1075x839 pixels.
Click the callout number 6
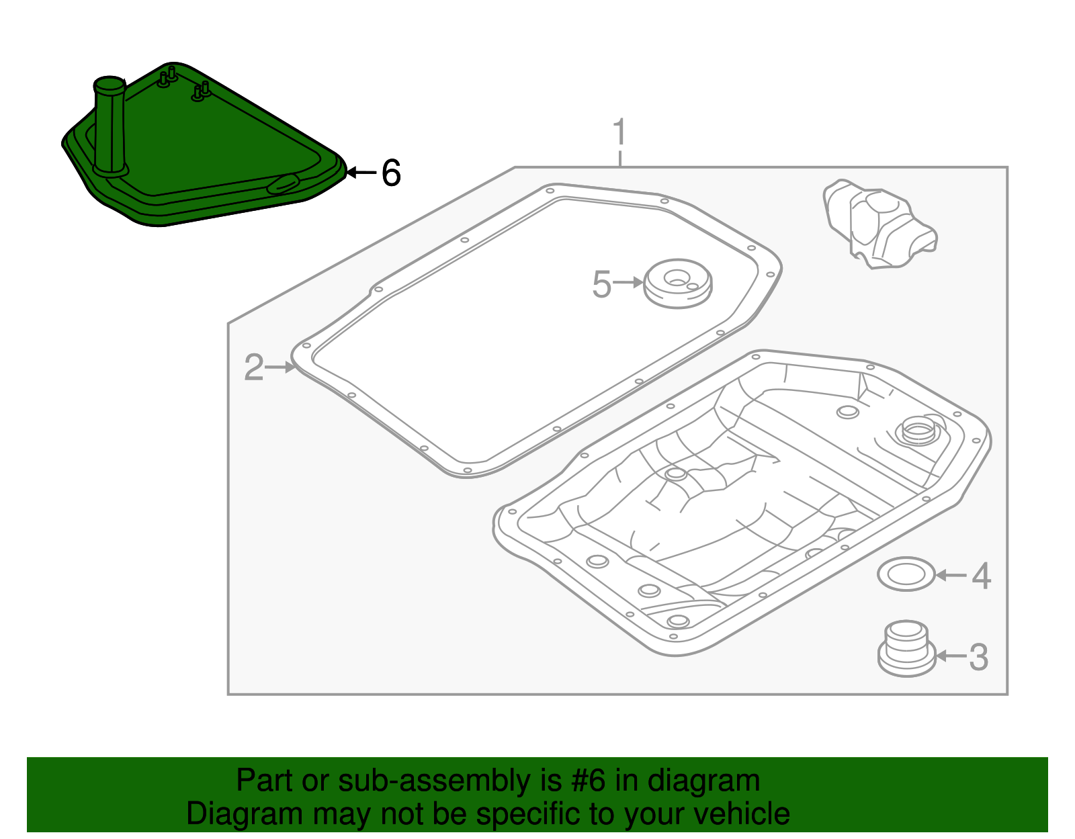click(391, 173)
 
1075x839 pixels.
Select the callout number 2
click(253, 367)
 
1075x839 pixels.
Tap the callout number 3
click(979, 657)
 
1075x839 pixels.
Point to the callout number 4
click(982, 576)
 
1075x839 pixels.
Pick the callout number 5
click(601, 284)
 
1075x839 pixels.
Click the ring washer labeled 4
click(906, 574)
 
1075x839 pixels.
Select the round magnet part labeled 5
click(677, 283)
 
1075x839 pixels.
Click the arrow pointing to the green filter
click(361, 173)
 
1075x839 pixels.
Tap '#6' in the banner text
click(588, 781)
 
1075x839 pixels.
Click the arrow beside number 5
click(628, 283)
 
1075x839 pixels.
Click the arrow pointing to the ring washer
click(951, 575)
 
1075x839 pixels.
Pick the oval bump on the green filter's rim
click(284, 183)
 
